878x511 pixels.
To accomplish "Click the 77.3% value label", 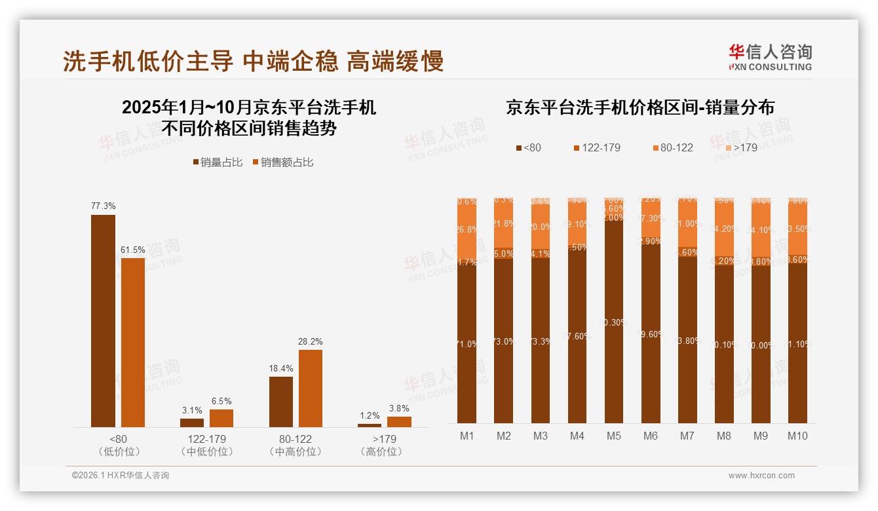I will (103, 206).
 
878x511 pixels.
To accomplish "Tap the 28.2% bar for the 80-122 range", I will (311, 388).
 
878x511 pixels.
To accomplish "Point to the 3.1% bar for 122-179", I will (192, 423).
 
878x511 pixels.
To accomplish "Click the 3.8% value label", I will (399, 408).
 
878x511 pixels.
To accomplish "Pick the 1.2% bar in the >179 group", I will (370, 425).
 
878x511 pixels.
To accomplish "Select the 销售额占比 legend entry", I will (283, 162).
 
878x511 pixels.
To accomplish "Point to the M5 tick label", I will (613, 436).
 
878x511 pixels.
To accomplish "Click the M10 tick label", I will (797, 436).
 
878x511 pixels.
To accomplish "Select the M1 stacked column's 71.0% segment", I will (467, 344).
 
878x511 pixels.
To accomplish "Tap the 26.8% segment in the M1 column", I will (467, 230).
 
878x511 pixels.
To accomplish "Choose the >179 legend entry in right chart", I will (740, 147).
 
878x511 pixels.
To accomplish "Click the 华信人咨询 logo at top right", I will (770, 57).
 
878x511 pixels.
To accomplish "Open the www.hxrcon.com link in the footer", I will (761, 476).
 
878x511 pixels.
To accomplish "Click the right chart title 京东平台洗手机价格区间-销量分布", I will (639, 107).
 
